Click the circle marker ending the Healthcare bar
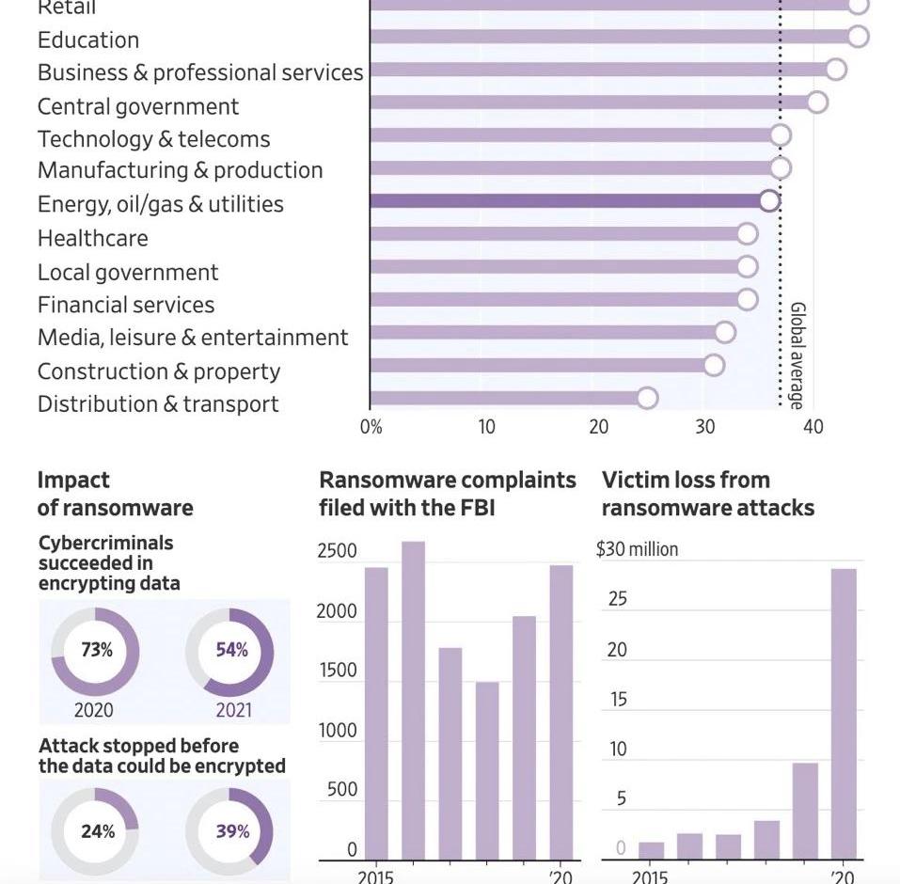[x=747, y=234]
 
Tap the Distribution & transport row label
[x=158, y=404]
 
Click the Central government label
[x=138, y=106]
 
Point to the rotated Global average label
[x=796, y=355]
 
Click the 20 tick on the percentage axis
[x=599, y=427]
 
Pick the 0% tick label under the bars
[x=371, y=427]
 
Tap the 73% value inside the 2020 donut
[x=96, y=650]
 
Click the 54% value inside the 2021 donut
[x=231, y=650]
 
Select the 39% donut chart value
[x=232, y=831]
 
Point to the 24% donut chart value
[x=97, y=831]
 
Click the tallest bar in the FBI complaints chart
[x=413, y=700]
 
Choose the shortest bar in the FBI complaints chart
[x=487, y=770]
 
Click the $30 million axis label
[x=637, y=549]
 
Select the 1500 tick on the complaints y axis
[x=337, y=671]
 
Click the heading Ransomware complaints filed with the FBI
[x=447, y=494]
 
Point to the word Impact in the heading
[x=73, y=480]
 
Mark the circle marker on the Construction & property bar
[x=714, y=365]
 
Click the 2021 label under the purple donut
[x=233, y=710]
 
